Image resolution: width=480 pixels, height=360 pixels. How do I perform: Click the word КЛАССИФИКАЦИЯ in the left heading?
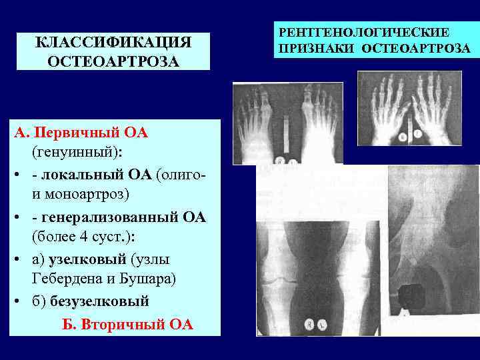pos(113,43)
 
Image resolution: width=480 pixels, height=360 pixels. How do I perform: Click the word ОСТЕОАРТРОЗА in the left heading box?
pos(113,62)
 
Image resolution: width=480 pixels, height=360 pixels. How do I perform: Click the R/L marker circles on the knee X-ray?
pos(313,323)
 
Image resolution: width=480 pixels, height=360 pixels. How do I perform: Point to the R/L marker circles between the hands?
pos(410,135)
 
